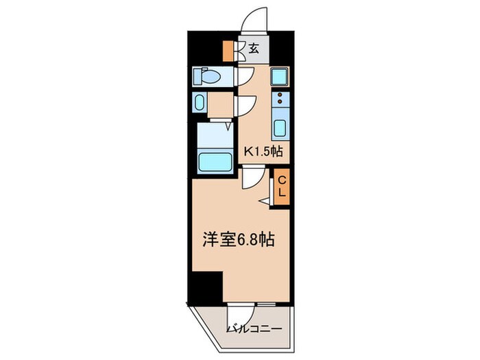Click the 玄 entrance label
pyautogui.click(x=254, y=49)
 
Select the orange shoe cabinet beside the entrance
pyautogui.click(x=229, y=50)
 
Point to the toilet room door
pyautogui.click(x=245, y=76)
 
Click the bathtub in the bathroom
pyautogui.click(x=215, y=163)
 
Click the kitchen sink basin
pyautogui.click(x=280, y=128)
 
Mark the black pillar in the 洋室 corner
pyautogui.click(x=208, y=286)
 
